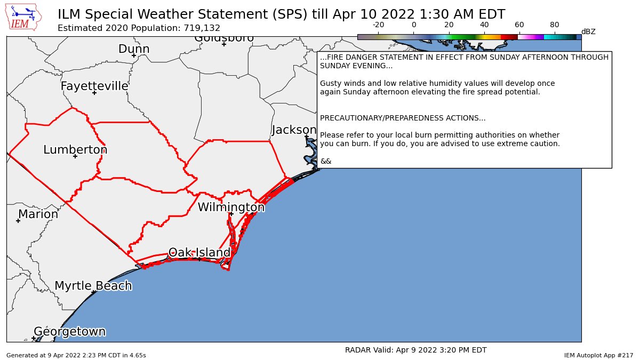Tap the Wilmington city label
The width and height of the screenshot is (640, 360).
(231, 207)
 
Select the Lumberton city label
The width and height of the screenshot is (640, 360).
(75, 150)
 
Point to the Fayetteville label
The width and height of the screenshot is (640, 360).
(94, 86)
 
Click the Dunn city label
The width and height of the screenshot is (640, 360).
(134, 49)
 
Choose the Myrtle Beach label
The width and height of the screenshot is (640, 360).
(93, 286)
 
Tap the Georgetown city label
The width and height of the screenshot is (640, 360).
(70, 332)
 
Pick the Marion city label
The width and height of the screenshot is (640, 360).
(38, 214)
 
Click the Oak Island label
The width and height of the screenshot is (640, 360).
(199, 252)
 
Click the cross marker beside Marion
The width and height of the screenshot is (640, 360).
(18, 221)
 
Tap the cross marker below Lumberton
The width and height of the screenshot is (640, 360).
(75, 156)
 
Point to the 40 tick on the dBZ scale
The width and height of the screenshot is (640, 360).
(484, 25)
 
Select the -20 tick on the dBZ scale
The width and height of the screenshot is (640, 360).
(378, 25)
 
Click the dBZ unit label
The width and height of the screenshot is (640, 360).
(588, 31)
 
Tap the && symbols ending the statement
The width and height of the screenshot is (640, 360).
(326, 161)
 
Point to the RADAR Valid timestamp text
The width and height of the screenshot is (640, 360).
(415, 350)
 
